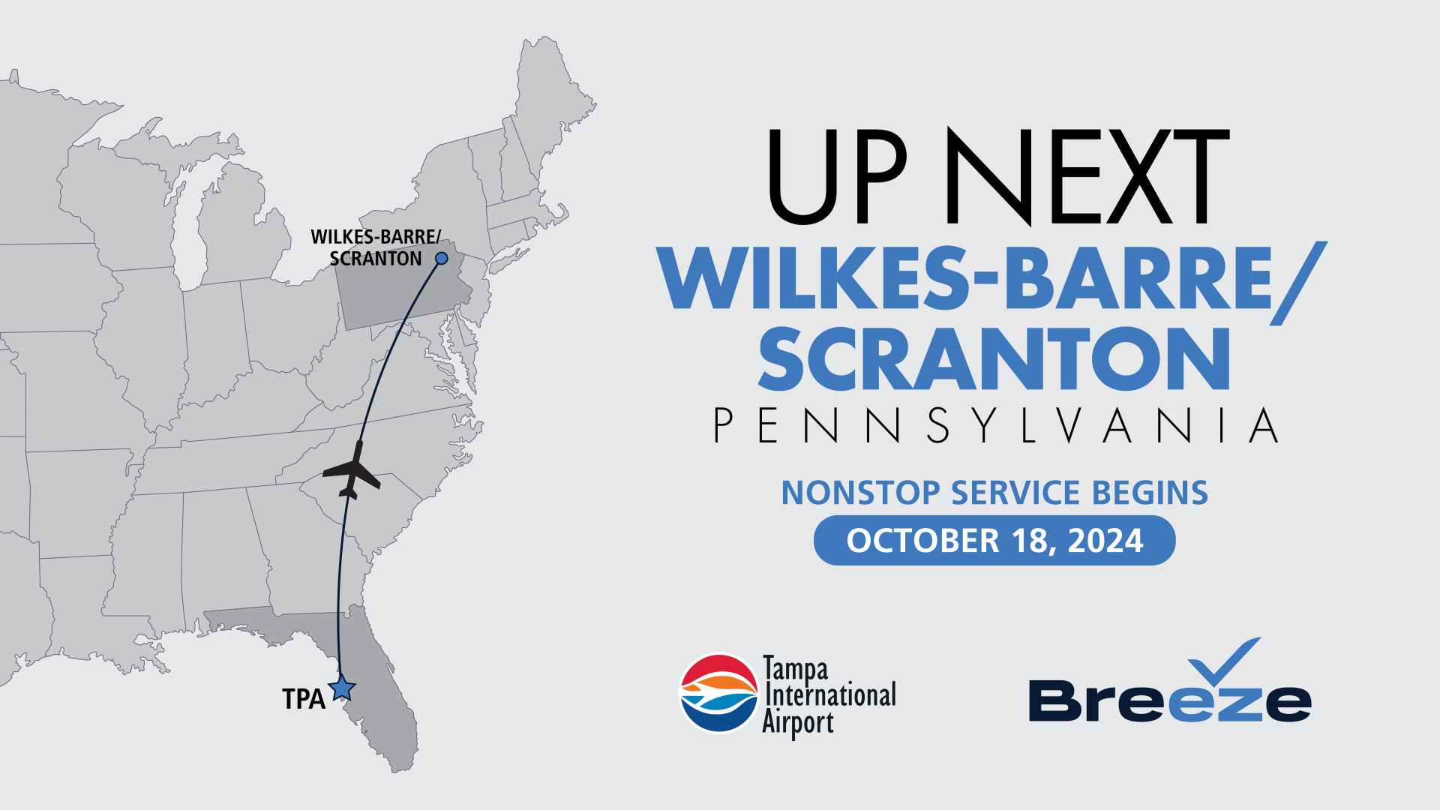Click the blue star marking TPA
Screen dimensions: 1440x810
click(x=342, y=688)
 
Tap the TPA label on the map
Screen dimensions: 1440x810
click(x=304, y=699)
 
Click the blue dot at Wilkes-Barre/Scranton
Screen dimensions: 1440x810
click(x=442, y=258)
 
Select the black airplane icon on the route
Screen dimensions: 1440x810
click(x=352, y=470)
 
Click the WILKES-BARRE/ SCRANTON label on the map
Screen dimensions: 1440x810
click(x=376, y=247)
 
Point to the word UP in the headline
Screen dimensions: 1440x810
click(x=838, y=176)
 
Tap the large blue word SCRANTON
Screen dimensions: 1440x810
click(x=994, y=358)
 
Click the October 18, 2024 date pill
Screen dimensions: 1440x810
click(x=994, y=540)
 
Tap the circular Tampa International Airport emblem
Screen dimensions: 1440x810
click(x=719, y=693)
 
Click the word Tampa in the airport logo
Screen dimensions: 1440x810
click(x=796, y=669)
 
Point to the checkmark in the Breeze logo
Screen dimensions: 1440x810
click(x=1224, y=663)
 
